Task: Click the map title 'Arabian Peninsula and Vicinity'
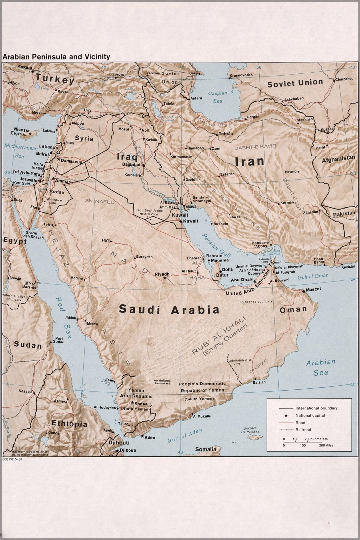coord(56,57)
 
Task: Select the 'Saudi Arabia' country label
coord(169,309)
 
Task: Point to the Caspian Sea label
coord(217,97)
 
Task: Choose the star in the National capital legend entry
coord(286,415)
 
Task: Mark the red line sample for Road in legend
coord(286,423)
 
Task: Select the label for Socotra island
coord(250,428)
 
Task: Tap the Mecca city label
coord(92,324)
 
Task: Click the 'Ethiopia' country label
coord(70,424)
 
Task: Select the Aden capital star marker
coord(142,436)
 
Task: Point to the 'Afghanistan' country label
coord(338,159)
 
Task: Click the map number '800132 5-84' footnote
coord(12,459)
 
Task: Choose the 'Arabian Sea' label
coord(320,367)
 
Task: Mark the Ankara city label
coord(25,67)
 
